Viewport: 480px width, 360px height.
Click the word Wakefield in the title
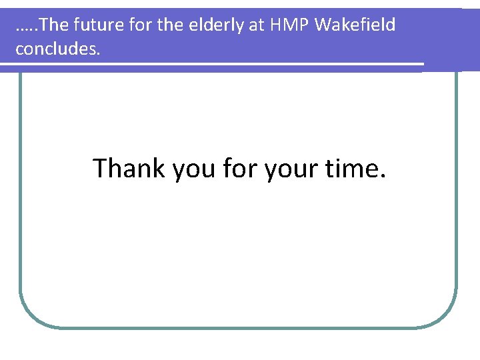[355, 25]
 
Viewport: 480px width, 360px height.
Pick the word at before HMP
[259, 25]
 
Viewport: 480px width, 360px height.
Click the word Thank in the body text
[129, 168]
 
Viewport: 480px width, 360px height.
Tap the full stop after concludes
[98, 54]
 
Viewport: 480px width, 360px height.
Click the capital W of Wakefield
[323, 25]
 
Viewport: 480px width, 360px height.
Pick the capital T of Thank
[100, 168]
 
